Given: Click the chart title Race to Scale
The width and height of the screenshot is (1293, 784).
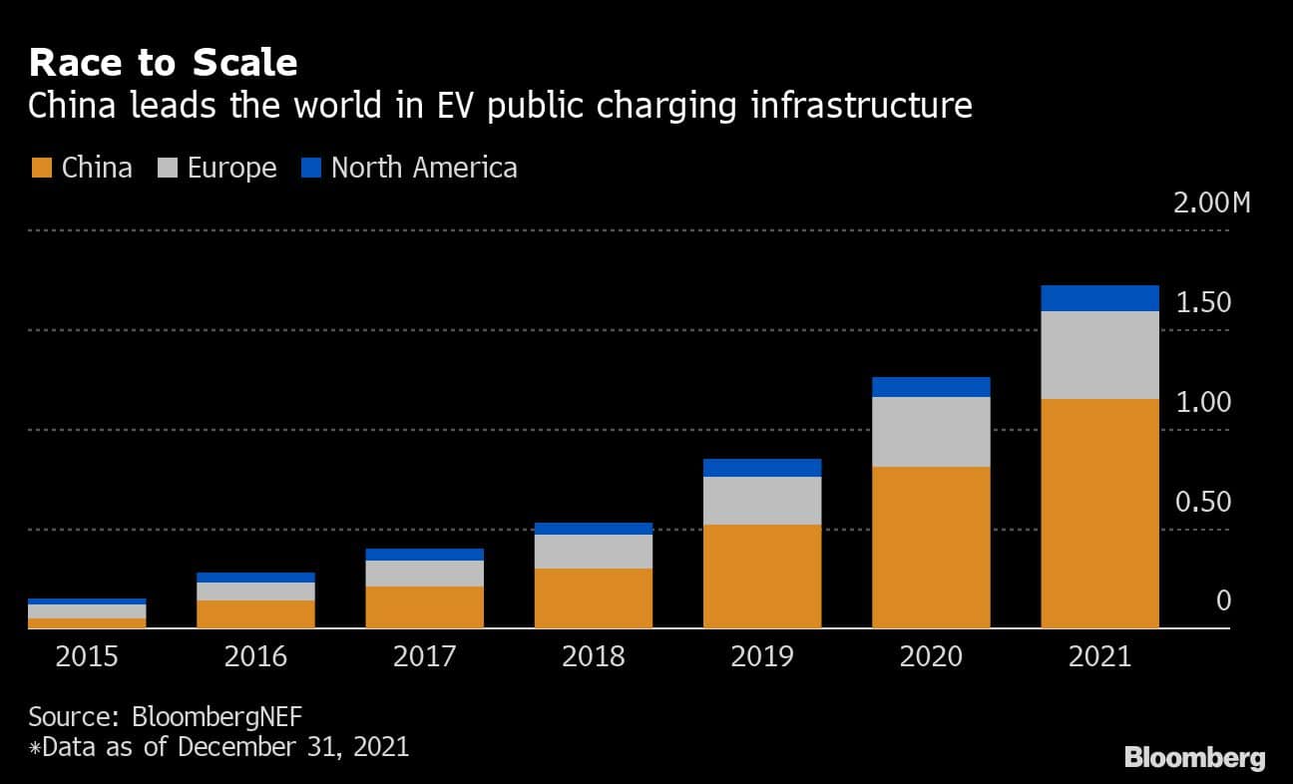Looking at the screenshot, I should [163, 63].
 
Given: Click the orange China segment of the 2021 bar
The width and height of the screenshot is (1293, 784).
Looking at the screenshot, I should [1099, 513].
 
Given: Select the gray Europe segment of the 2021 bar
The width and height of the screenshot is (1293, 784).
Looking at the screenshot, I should [1099, 355].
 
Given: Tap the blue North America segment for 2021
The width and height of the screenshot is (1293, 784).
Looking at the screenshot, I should [1099, 298].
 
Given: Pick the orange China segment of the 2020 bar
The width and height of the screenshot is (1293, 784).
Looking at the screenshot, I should [931, 547].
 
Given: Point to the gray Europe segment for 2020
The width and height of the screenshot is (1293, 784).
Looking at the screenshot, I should [931, 432].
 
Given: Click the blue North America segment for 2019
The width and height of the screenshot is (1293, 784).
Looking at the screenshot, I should [762, 468].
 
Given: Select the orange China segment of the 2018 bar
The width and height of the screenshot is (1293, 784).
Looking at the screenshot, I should [594, 597].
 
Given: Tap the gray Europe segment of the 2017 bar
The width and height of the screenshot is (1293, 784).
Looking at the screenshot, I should [424, 574].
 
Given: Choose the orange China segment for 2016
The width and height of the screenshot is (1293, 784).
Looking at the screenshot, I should [255, 613].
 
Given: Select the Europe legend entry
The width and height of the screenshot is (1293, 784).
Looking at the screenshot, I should [216, 168].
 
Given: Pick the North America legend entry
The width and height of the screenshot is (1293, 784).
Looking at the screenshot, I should [409, 168].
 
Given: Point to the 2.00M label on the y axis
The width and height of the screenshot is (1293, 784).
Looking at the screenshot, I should [1211, 203].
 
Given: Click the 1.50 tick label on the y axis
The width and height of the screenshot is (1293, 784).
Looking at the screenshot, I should [1202, 303].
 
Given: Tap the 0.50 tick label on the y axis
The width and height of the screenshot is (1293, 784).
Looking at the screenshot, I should [1202, 503].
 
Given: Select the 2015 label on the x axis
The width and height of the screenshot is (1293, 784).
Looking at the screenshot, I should [87, 656].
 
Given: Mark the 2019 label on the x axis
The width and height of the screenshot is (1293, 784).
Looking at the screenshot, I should [762, 656].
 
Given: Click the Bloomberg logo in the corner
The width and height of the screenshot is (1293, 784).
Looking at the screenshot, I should [1194, 758].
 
